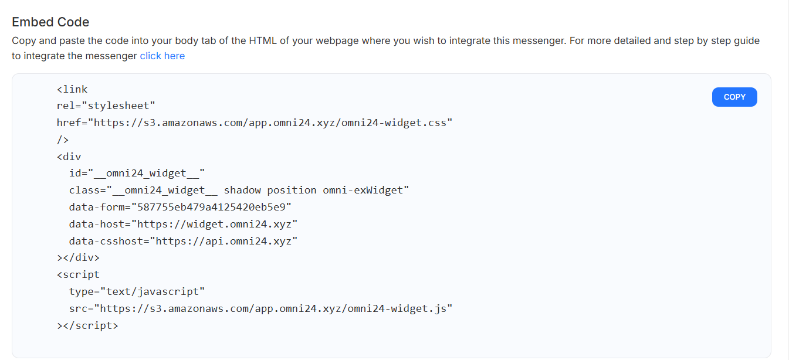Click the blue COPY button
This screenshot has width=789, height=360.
click(x=734, y=97)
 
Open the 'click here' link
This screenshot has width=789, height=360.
click(x=162, y=56)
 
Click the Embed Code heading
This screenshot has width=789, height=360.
click(x=50, y=22)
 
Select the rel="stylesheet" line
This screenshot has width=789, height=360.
click(x=106, y=106)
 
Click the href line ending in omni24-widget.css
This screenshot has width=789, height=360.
click(x=255, y=123)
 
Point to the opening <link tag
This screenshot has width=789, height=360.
click(x=72, y=89)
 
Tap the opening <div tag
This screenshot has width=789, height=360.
click(x=69, y=157)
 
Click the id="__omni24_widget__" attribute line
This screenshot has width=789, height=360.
click(x=137, y=173)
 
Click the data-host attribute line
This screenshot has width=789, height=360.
click(x=183, y=224)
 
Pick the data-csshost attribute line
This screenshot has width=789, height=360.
click(x=183, y=241)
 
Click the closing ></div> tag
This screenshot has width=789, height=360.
click(x=78, y=257)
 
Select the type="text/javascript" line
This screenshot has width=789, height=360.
click(x=137, y=291)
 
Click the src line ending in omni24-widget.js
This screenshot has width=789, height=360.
click(x=260, y=308)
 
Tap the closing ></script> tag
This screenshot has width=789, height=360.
click(x=87, y=325)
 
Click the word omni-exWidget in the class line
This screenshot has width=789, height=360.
click(x=363, y=190)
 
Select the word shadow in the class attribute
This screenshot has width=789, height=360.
click(x=242, y=190)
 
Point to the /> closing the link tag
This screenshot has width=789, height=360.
click(x=63, y=140)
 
